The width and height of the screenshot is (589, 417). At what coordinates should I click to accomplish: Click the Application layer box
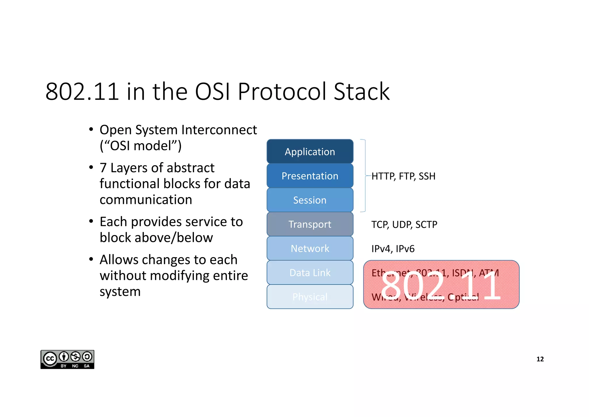pyautogui.click(x=310, y=151)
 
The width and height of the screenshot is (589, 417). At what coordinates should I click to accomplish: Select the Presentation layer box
pyautogui.click(x=310, y=176)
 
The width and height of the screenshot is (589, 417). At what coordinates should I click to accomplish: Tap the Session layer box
pyautogui.click(x=310, y=200)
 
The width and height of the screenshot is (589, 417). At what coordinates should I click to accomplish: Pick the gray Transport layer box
pyautogui.click(x=310, y=224)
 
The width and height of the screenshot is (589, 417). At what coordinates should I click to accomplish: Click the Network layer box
pyautogui.click(x=310, y=248)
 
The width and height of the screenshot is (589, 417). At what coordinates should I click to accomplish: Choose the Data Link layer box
pyautogui.click(x=310, y=272)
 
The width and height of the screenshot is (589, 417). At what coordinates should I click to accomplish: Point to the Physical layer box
pyautogui.click(x=310, y=297)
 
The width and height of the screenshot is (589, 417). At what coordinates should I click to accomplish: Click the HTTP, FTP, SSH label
pyautogui.click(x=403, y=176)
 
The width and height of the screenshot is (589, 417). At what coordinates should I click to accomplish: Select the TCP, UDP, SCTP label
pyautogui.click(x=404, y=224)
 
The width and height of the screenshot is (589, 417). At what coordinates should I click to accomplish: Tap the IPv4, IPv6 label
pyautogui.click(x=393, y=249)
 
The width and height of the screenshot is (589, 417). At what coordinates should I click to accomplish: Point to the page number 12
pyautogui.click(x=540, y=359)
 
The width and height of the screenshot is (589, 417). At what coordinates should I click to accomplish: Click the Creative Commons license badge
pyautogui.click(x=67, y=359)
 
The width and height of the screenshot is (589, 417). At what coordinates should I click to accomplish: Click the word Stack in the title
pyautogui.click(x=362, y=92)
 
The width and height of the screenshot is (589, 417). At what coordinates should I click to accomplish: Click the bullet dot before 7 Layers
pyautogui.click(x=91, y=167)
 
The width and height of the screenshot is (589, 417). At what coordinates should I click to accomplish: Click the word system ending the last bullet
pyautogui.click(x=120, y=292)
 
